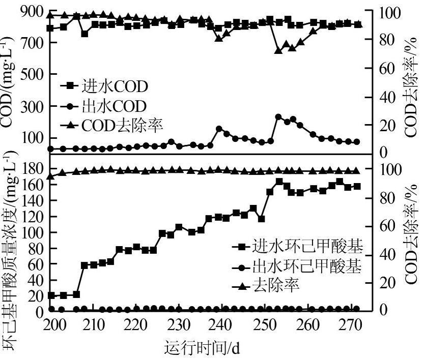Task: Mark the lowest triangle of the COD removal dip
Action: (x=278, y=50)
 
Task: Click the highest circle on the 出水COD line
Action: (x=278, y=117)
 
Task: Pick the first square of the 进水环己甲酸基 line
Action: (x=51, y=295)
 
